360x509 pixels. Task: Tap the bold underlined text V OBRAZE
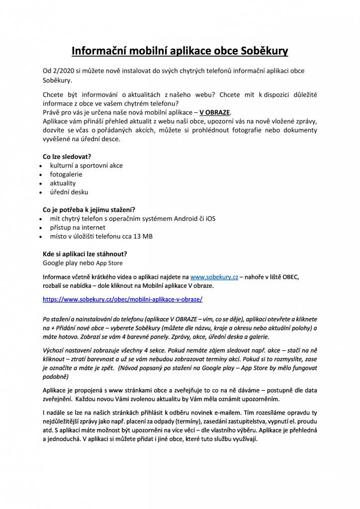tap(215, 112)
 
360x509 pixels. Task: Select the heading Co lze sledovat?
tap(67, 156)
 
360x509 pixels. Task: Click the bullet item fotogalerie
tap(66, 174)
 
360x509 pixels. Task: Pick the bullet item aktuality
tap(63, 183)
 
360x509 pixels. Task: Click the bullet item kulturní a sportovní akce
tap(86, 165)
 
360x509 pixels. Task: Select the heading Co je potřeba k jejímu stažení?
tap(89, 209)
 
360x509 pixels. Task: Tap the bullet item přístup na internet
tap(78, 227)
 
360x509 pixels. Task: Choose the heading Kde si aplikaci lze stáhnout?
tap(85, 254)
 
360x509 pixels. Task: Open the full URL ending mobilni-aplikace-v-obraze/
tap(123, 300)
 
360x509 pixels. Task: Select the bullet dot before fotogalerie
tap(40, 174)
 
